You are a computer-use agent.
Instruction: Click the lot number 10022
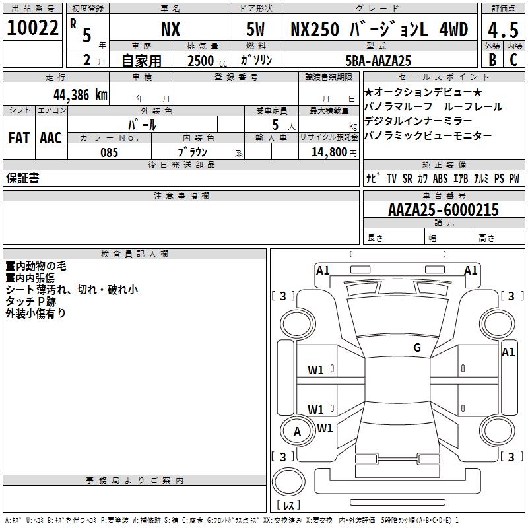tap(33, 28)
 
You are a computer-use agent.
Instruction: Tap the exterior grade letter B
tap(492, 59)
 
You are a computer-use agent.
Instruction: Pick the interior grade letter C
tap(513, 59)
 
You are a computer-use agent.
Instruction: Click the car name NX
tap(171, 29)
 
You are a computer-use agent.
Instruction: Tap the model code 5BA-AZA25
tap(379, 61)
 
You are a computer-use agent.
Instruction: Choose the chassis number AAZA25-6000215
tap(443, 210)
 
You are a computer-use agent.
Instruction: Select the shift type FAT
tap(19, 138)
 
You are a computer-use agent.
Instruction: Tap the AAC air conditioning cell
tap(51, 138)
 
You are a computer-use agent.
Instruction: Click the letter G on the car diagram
tap(417, 348)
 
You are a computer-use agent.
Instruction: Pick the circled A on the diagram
tap(297, 432)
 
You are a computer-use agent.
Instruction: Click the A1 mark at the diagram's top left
tap(323, 270)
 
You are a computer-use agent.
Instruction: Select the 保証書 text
tap(22, 178)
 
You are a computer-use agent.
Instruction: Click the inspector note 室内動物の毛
tap(36, 266)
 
